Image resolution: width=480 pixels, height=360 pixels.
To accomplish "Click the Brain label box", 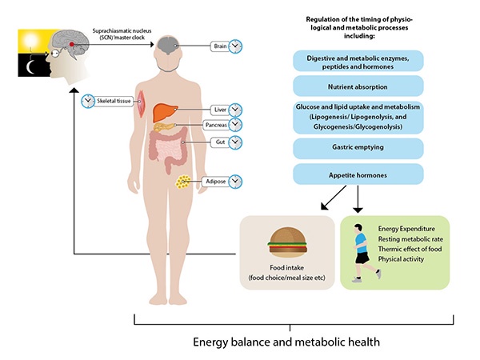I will (220, 46).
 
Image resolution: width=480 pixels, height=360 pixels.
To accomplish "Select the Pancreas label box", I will (214, 126).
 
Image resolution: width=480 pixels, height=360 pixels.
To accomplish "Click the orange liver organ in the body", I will (164, 113).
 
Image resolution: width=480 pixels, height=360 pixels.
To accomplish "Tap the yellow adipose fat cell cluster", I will (186, 182).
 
